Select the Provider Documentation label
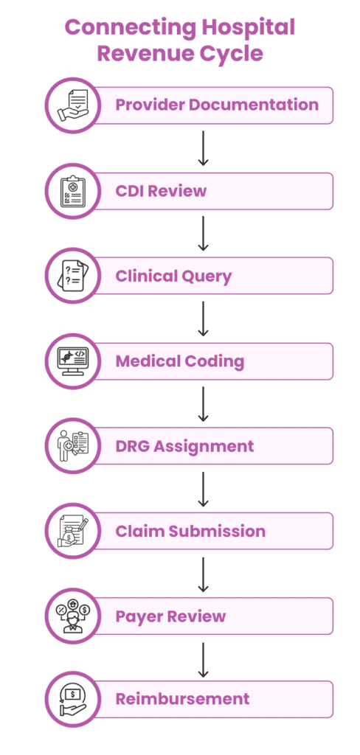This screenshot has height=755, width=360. pos(217,105)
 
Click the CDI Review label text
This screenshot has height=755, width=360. pos(161,191)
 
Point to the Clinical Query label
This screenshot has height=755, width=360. pos(173,276)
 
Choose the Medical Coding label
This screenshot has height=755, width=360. pos(180,361)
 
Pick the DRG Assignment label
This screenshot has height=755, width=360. pos(184,446)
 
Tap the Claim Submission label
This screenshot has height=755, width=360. pos(190,531)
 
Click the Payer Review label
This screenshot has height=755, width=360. pos(170,616)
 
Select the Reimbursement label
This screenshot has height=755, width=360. pos(183,699)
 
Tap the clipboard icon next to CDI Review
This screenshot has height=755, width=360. pos(73,191)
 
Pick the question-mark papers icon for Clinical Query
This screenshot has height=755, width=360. pos(73,276)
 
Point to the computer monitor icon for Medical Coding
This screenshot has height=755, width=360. pos(73,361)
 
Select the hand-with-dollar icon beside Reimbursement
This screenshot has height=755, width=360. pos(73,699)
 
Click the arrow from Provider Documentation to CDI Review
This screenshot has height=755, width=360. pos(204,147)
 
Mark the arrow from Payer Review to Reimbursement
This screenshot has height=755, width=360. pos(204,659)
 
